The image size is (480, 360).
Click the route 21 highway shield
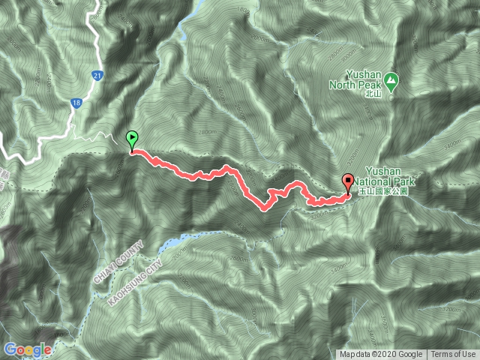(98, 76)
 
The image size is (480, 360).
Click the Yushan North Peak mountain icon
(391, 79)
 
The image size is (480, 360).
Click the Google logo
(27, 349)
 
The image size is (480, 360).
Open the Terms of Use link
(453, 355)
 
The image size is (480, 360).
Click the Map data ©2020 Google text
(381, 355)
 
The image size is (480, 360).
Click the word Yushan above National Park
(384, 171)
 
